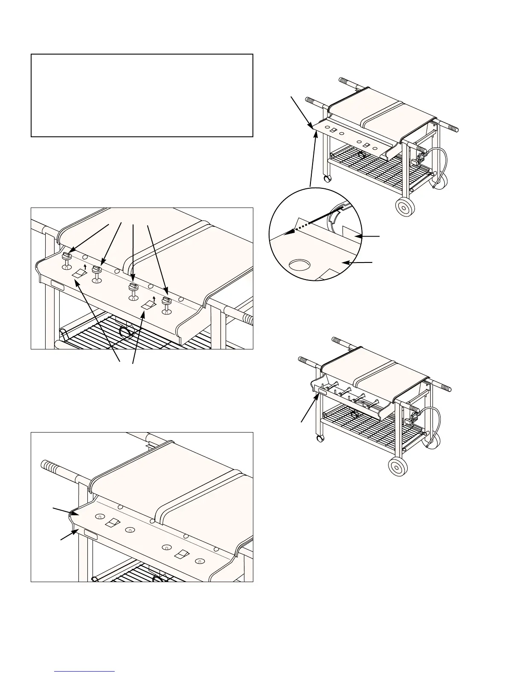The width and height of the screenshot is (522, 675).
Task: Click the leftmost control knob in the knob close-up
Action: (67, 257)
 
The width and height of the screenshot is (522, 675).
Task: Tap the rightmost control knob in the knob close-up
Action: (166, 301)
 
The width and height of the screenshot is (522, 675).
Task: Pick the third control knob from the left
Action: (133, 287)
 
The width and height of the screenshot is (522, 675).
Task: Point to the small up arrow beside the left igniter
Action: (85, 267)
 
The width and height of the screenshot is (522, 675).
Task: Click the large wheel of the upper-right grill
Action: (403, 208)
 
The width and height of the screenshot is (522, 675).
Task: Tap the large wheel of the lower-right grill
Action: (398, 467)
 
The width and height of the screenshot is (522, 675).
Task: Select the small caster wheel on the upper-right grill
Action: (327, 178)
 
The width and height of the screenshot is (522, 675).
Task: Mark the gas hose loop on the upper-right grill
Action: (441, 166)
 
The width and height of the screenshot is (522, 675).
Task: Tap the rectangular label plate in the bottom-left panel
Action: (90, 535)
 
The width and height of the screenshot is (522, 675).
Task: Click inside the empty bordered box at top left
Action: (142, 95)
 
